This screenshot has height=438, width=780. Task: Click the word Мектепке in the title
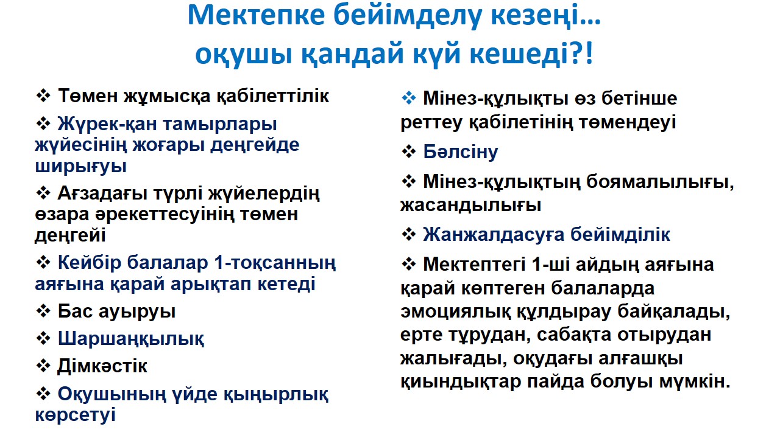point(257,16)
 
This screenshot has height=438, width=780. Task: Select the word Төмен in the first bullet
point(88,96)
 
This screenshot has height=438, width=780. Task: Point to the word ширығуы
point(80,167)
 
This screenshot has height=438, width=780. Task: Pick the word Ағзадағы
point(102,194)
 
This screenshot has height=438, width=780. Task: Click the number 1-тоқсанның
point(275,263)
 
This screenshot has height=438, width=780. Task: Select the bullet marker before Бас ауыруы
point(43,311)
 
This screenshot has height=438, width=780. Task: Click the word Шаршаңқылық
point(130,339)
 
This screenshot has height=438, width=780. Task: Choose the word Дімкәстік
point(102,366)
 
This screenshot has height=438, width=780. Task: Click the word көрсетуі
point(75,415)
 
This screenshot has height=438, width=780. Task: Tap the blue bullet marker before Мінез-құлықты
point(409,98)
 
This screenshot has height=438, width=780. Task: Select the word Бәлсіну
point(460,152)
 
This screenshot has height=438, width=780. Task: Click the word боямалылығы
point(660,182)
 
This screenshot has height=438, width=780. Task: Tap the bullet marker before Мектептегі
point(409,264)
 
